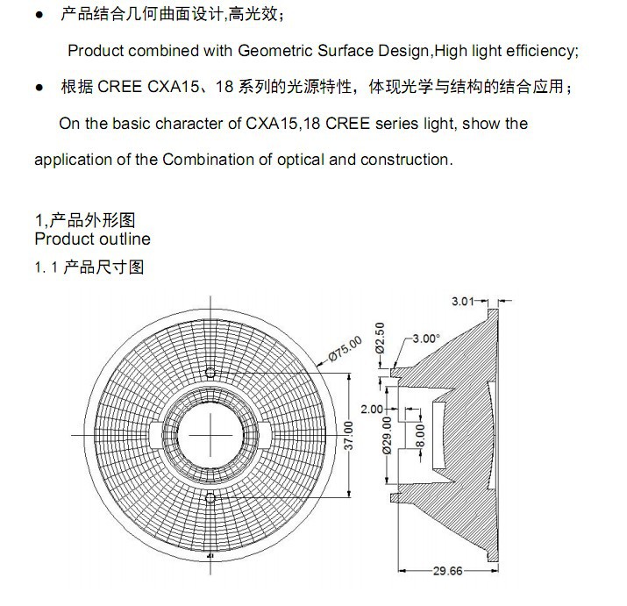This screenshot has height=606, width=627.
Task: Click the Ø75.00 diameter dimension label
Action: (346, 349)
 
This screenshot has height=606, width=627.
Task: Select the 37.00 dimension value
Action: (349, 436)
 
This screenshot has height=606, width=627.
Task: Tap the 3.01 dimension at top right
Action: (463, 301)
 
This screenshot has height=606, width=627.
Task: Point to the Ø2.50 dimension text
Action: (381, 338)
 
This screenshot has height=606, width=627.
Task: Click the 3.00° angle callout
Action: (426, 339)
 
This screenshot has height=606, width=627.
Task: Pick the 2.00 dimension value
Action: (372, 410)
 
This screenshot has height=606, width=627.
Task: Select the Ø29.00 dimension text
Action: (387, 436)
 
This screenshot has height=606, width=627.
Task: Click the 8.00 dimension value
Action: (420, 436)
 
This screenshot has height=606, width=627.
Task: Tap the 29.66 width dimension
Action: (448, 571)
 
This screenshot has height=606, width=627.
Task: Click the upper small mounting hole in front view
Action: (210, 374)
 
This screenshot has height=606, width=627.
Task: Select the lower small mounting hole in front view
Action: (210, 498)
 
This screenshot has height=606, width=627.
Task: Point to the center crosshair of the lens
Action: (210, 435)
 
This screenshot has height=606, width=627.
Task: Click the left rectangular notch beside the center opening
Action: (156, 435)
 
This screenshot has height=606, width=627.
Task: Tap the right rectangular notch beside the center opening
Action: (264, 435)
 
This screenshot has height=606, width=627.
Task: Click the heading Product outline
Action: (92, 239)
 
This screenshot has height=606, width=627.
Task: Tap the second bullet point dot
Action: (39, 87)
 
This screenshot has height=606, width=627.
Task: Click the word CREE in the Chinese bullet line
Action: (119, 87)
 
